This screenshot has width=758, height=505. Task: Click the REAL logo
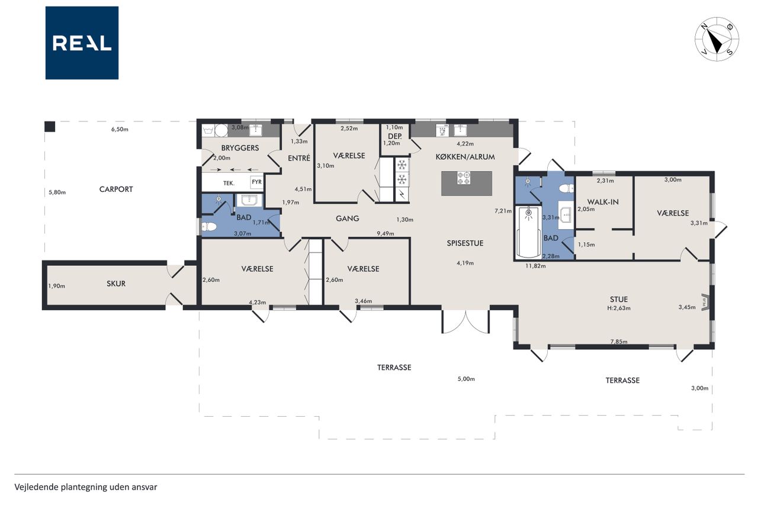tap(82, 43)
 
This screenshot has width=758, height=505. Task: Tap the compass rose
tap(717, 39)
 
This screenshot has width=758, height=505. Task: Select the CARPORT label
tap(116, 189)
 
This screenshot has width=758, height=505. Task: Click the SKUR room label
tap(116, 284)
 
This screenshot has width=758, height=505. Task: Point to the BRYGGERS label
tap(240, 148)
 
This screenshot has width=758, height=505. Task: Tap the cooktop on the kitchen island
tap(464, 178)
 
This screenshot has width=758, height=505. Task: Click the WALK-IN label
tap(603, 202)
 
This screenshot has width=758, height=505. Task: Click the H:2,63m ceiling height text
tap(619, 308)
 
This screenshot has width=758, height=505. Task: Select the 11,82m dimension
tap(535, 266)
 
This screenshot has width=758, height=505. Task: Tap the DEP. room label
tap(395, 136)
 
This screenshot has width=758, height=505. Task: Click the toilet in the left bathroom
tap(209, 226)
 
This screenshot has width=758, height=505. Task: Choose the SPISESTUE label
tap(465, 243)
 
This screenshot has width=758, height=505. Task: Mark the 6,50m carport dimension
tap(120, 129)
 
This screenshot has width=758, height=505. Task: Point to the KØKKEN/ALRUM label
tap(465, 157)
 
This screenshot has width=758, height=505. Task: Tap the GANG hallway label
tap(347, 218)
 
